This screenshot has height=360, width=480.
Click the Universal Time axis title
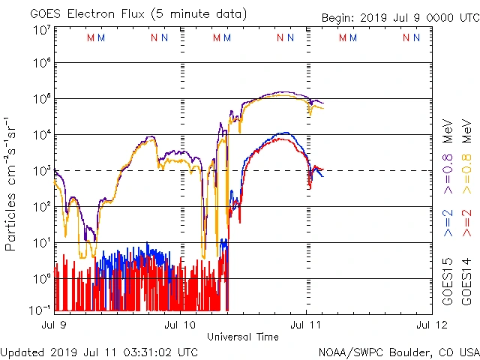[243, 337]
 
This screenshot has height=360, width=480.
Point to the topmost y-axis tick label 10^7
[41, 30]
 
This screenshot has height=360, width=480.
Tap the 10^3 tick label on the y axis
[41, 171]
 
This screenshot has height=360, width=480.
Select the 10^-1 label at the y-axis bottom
[40, 310]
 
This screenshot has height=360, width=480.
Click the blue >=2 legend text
[448, 223]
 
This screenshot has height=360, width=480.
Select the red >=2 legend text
[466, 223]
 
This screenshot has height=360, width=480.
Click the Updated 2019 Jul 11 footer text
[100, 351]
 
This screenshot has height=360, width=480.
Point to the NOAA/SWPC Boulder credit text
[398, 351]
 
